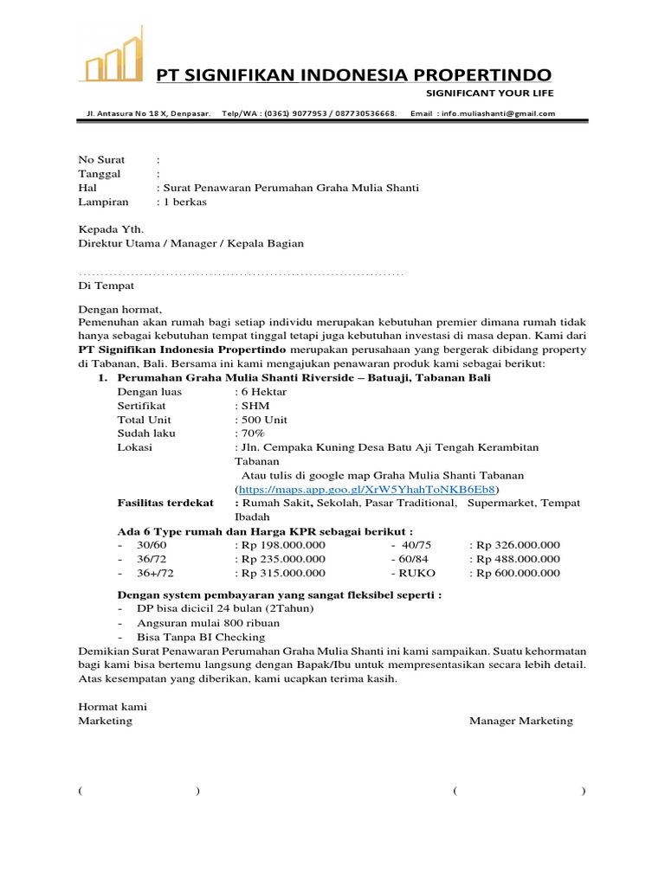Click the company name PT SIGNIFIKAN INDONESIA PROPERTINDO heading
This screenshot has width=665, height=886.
tap(352, 75)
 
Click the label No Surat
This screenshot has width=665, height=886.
tap(101, 160)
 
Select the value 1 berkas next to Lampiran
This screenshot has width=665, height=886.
tap(184, 202)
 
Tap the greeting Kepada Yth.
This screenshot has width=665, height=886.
tap(111, 229)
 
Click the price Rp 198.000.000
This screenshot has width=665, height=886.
tap(283, 545)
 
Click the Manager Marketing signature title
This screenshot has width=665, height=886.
tap(520, 721)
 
